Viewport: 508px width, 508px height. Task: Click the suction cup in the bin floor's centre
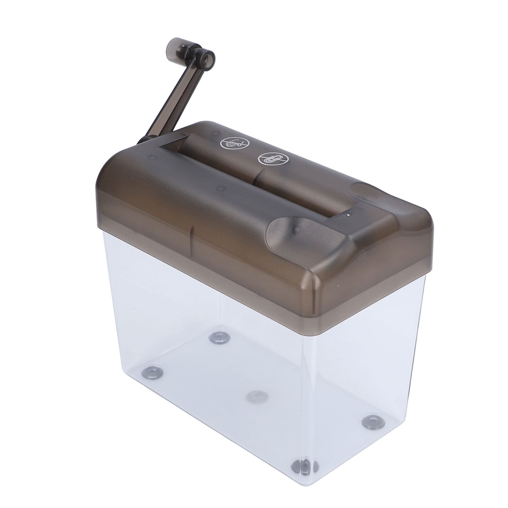point(257,395)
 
